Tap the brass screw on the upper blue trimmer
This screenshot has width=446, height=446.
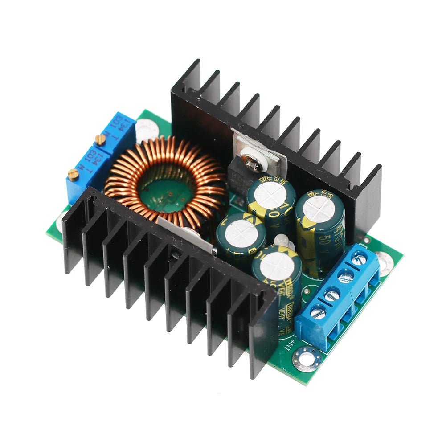(101, 139)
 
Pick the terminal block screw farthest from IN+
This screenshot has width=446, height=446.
(359, 258)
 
